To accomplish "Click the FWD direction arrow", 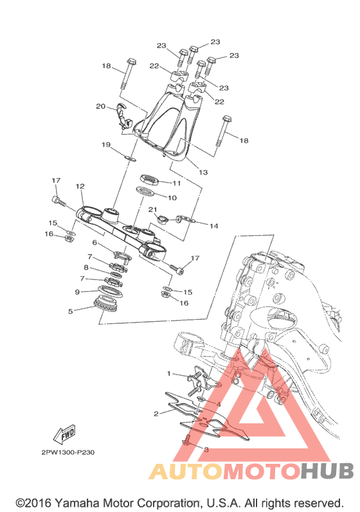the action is (x=65, y=435).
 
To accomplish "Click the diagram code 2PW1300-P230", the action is (x=68, y=452).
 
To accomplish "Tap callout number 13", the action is (x=203, y=172).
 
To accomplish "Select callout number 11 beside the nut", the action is (x=177, y=183).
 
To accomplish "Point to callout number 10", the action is (x=172, y=198).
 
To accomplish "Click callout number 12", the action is (x=80, y=186).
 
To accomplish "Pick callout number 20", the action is (x=101, y=106).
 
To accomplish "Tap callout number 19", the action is (x=106, y=145).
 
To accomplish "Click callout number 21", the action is (x=153, y=209).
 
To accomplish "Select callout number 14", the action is (x=214, y=226).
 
